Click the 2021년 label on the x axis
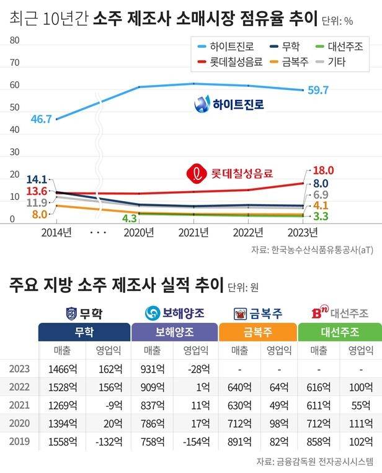click(193, 233)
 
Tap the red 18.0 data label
click(324, 170)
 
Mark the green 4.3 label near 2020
click(130, 218)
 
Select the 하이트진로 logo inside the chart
click(228, 105)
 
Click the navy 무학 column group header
click(84, 331)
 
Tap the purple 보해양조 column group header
click(175, 331)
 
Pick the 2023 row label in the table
click(20, 368)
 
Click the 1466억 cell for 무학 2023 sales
click(61, 368)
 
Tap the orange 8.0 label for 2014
click(40, 215)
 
